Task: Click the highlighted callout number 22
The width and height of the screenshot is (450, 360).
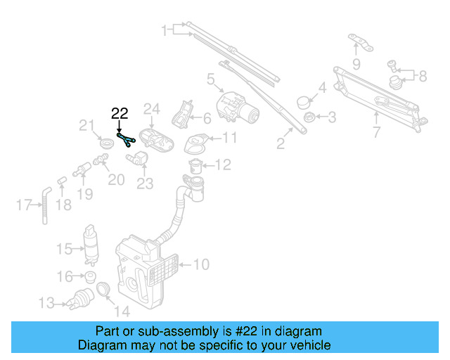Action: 120,113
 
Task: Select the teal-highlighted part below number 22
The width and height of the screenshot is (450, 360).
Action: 126,136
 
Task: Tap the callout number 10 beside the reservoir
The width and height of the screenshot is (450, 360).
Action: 202,265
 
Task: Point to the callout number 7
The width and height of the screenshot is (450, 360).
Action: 376,131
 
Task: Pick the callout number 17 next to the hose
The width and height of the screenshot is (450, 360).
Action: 22,205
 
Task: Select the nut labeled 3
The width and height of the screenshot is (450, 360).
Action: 307,117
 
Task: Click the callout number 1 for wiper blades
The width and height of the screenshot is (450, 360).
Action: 166,30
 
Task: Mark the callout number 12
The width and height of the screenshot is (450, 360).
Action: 222,165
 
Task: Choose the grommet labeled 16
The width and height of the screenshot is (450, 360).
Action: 90,276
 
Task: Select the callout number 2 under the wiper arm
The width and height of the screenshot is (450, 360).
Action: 281,144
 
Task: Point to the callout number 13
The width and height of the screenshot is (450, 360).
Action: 46,304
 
